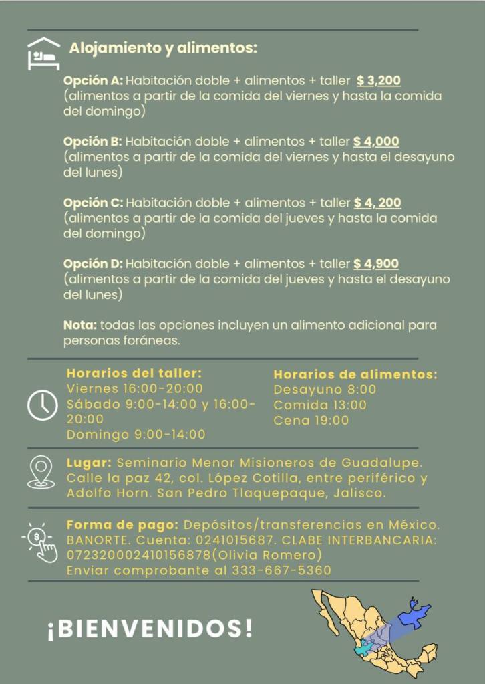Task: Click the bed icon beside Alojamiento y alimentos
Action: [x=43, y=53]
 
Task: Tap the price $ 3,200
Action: [x=379, y=81]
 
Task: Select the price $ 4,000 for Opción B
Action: [x=376, y=142]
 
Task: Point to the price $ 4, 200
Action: [x=377, y=203]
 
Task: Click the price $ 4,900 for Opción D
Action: [x=376, y=263]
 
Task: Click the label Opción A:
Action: [x=93, y=81]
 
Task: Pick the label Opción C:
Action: [x=93, y=203]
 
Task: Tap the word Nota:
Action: [x=80, y=325]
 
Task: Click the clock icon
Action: [x=43, y=404]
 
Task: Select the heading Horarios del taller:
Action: [x=134, y=373]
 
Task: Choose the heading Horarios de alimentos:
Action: [x=355, y=374]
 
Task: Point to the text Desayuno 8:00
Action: [x=325, y=390]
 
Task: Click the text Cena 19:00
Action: [x=311, y=421]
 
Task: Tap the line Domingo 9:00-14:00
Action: [x=136, y=435]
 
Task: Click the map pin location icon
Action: [x=41, y=471]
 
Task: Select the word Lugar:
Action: [x=88, y=463]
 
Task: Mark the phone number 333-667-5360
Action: [x=281, y=570]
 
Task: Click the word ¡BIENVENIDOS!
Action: [x=150, y=629]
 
